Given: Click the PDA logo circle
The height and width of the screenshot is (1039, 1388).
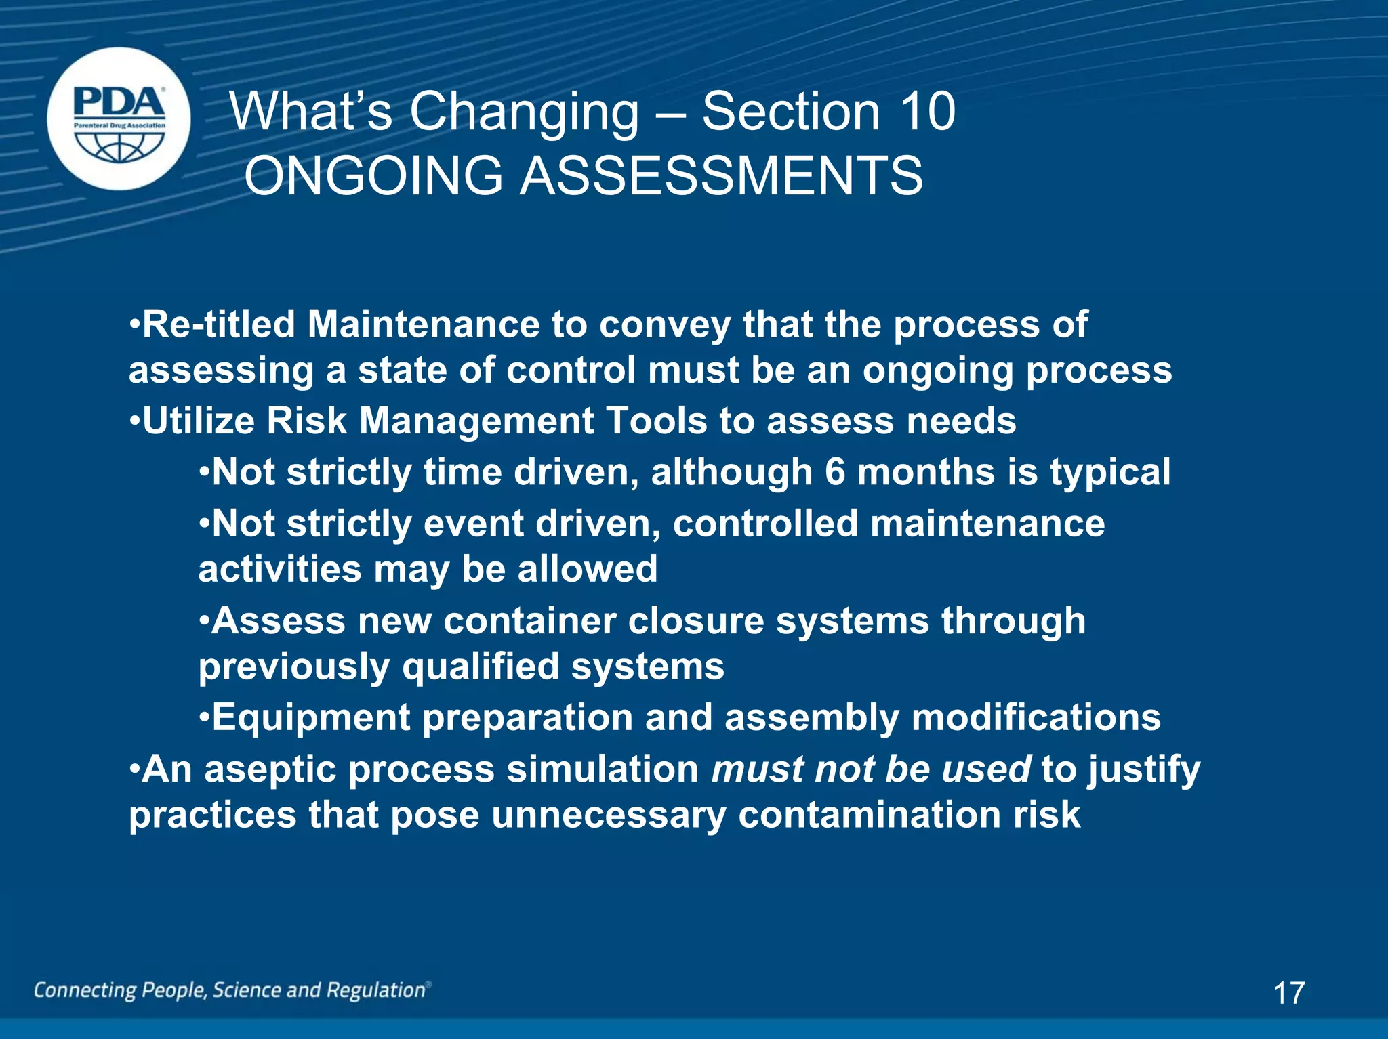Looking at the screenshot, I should pyautogui.click(x=119, y=119).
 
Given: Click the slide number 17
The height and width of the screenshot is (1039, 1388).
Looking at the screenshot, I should pyautogui.click(x=1288, y=993).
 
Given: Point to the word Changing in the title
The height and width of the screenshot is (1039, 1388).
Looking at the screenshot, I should pyautogui.click(x=524, y=113).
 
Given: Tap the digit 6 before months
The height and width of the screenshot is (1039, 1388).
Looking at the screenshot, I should pyautogui.click(x=835, y=471).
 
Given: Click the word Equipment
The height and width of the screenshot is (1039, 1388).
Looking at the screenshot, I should pyautogui.click(x=311, y=718).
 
